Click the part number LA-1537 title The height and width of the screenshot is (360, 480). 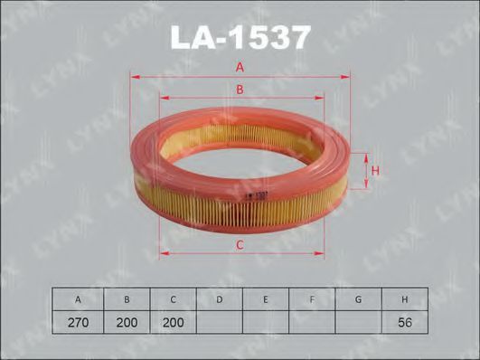pos(240,37)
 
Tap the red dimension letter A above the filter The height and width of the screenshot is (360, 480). pos(240,68)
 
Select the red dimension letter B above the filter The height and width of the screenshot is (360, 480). pos(240,90)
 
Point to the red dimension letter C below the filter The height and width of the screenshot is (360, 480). pos(240,245)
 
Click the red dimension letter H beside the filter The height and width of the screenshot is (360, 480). pos(375,171)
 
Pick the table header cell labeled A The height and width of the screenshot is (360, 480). pos(78,299)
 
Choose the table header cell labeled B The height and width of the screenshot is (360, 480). pos(127,299)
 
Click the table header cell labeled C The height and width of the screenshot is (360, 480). pos(173,299)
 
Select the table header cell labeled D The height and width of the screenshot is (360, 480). pos(219,299)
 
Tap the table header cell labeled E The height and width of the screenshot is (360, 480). pos(266,299)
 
